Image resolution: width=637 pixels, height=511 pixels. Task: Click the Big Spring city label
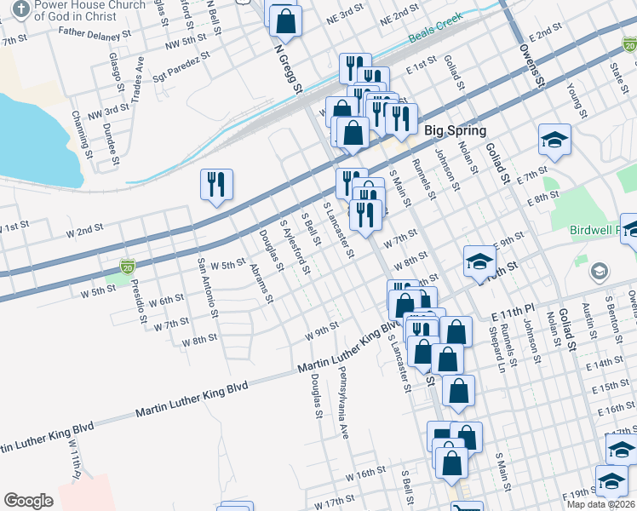455,131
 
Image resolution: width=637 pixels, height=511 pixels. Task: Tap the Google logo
28,501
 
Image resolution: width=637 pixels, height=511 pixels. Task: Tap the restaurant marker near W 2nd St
216,185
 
